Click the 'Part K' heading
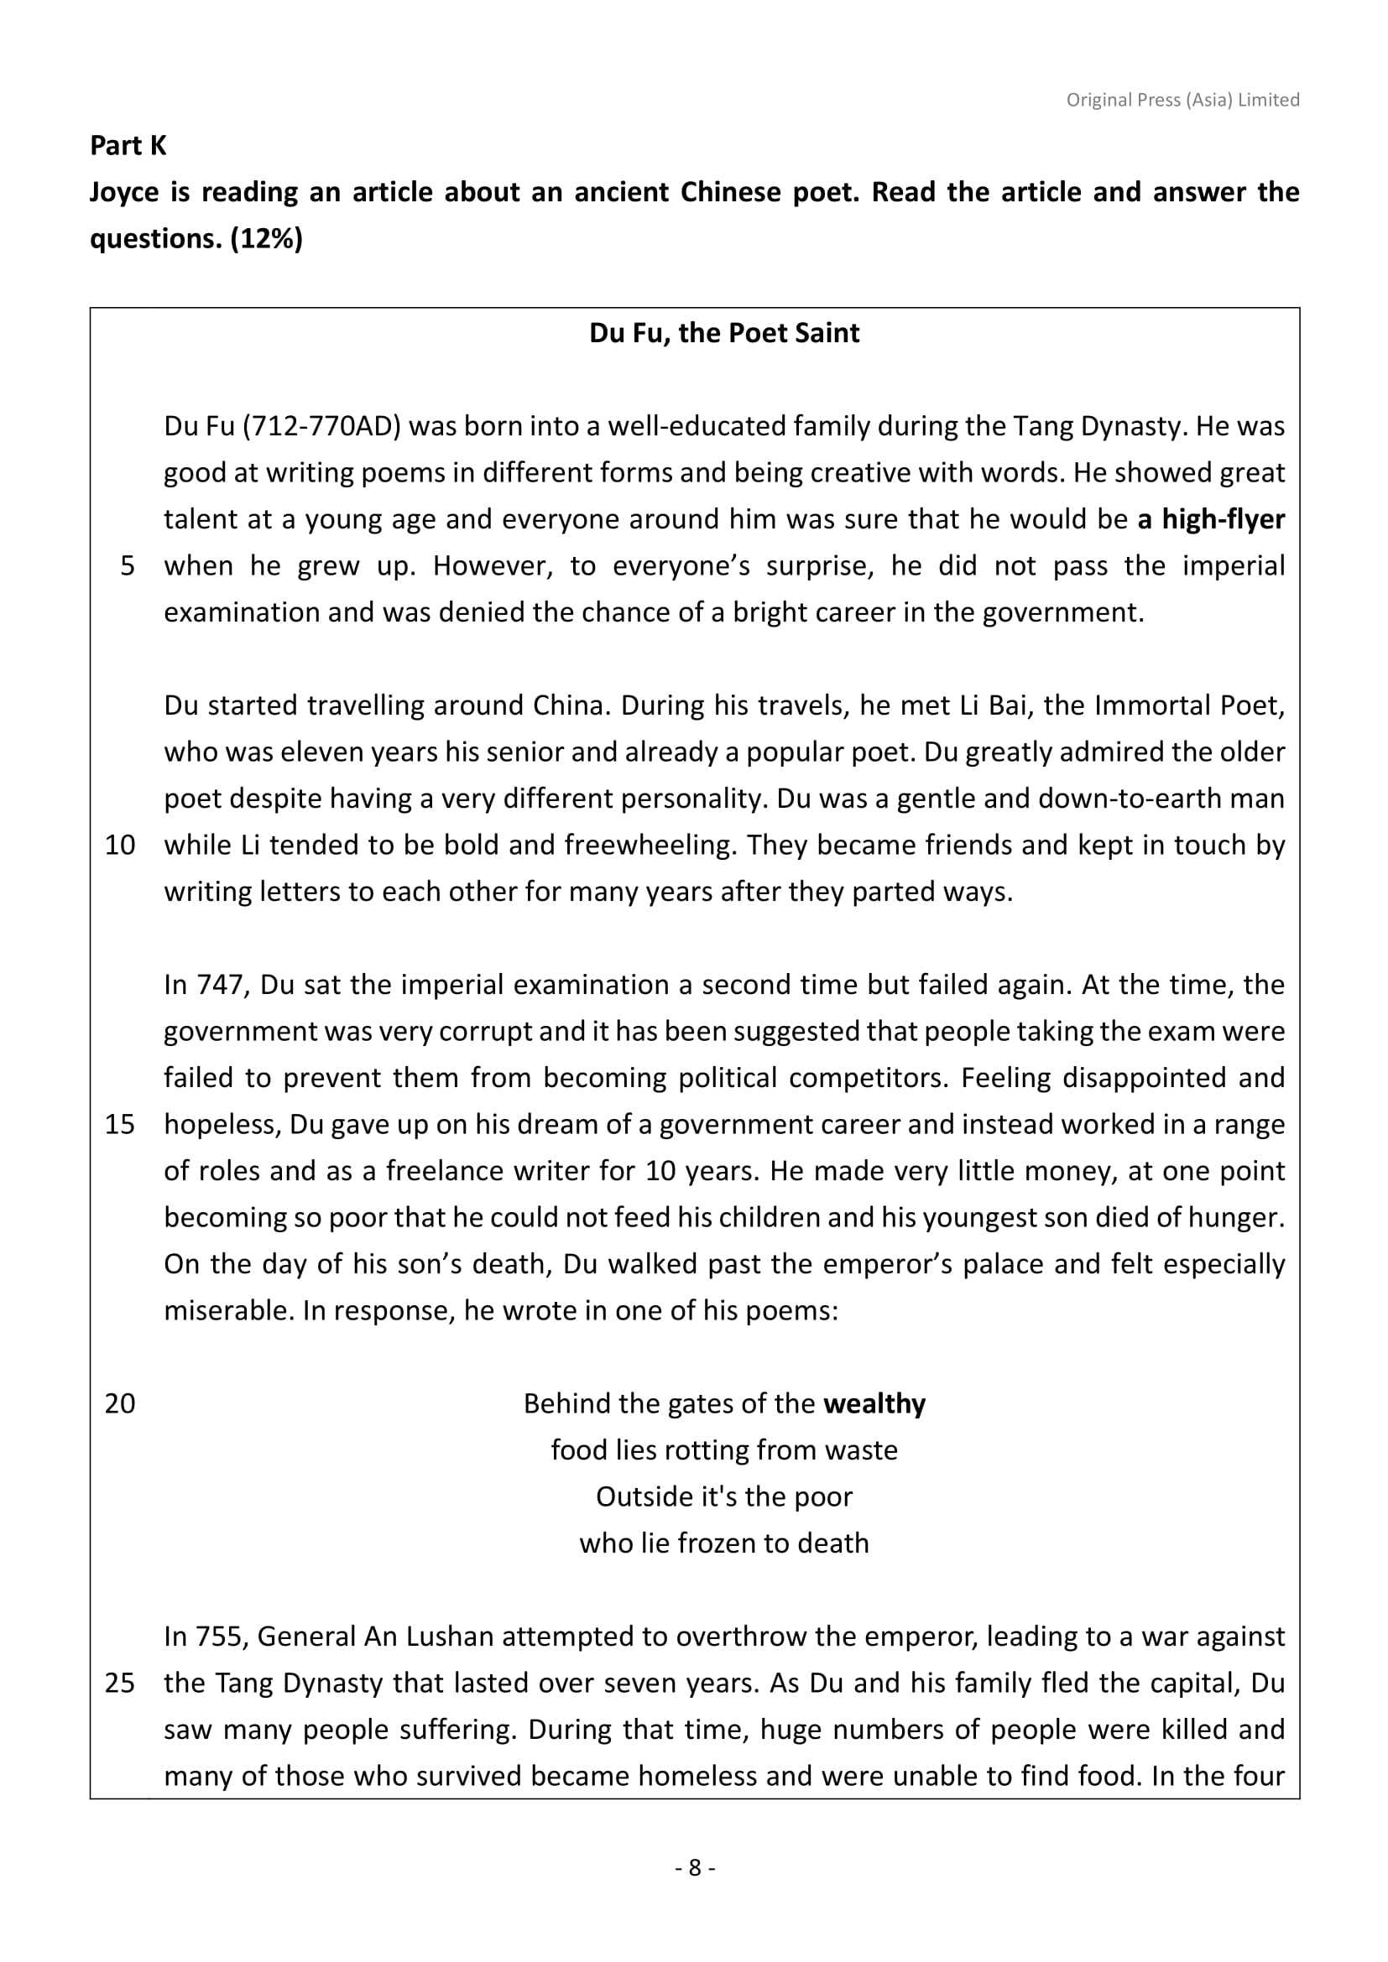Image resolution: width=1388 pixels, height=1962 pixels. click(x=128, y=146)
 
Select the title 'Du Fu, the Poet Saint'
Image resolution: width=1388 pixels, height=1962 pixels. click(x=724, y=333)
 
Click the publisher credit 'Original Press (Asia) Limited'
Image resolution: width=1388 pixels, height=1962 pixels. click(x=1182, y=100)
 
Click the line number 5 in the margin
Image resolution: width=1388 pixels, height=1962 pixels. click(x=128, y=565)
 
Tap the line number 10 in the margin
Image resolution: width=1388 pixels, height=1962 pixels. click(x=120, y=846)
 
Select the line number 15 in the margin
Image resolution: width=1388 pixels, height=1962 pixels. click(x=120, y=1125)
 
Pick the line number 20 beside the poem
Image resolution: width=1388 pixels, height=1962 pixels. click(x=120, y=1404)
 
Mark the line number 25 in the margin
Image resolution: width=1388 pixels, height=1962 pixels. click(x=120, y=1684)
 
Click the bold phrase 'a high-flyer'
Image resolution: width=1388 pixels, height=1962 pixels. click(x=1211, y=519)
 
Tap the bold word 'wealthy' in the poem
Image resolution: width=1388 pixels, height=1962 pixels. click(x=874, y=1404)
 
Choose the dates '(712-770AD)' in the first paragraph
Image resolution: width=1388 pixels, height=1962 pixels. click(x=321, y=426)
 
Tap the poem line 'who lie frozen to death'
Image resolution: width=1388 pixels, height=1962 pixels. click(x=724, y=1543)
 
